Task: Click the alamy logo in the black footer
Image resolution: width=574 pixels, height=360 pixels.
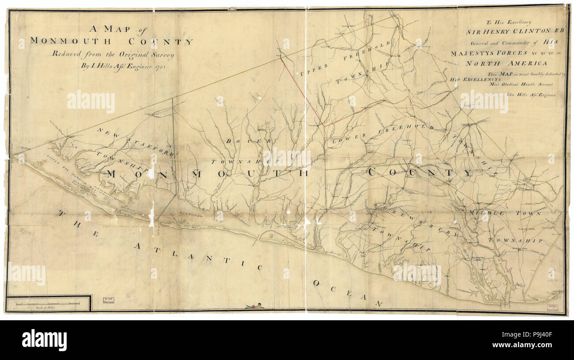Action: tap(44, 340)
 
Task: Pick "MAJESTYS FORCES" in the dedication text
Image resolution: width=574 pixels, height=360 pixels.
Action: tap(483, 53)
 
